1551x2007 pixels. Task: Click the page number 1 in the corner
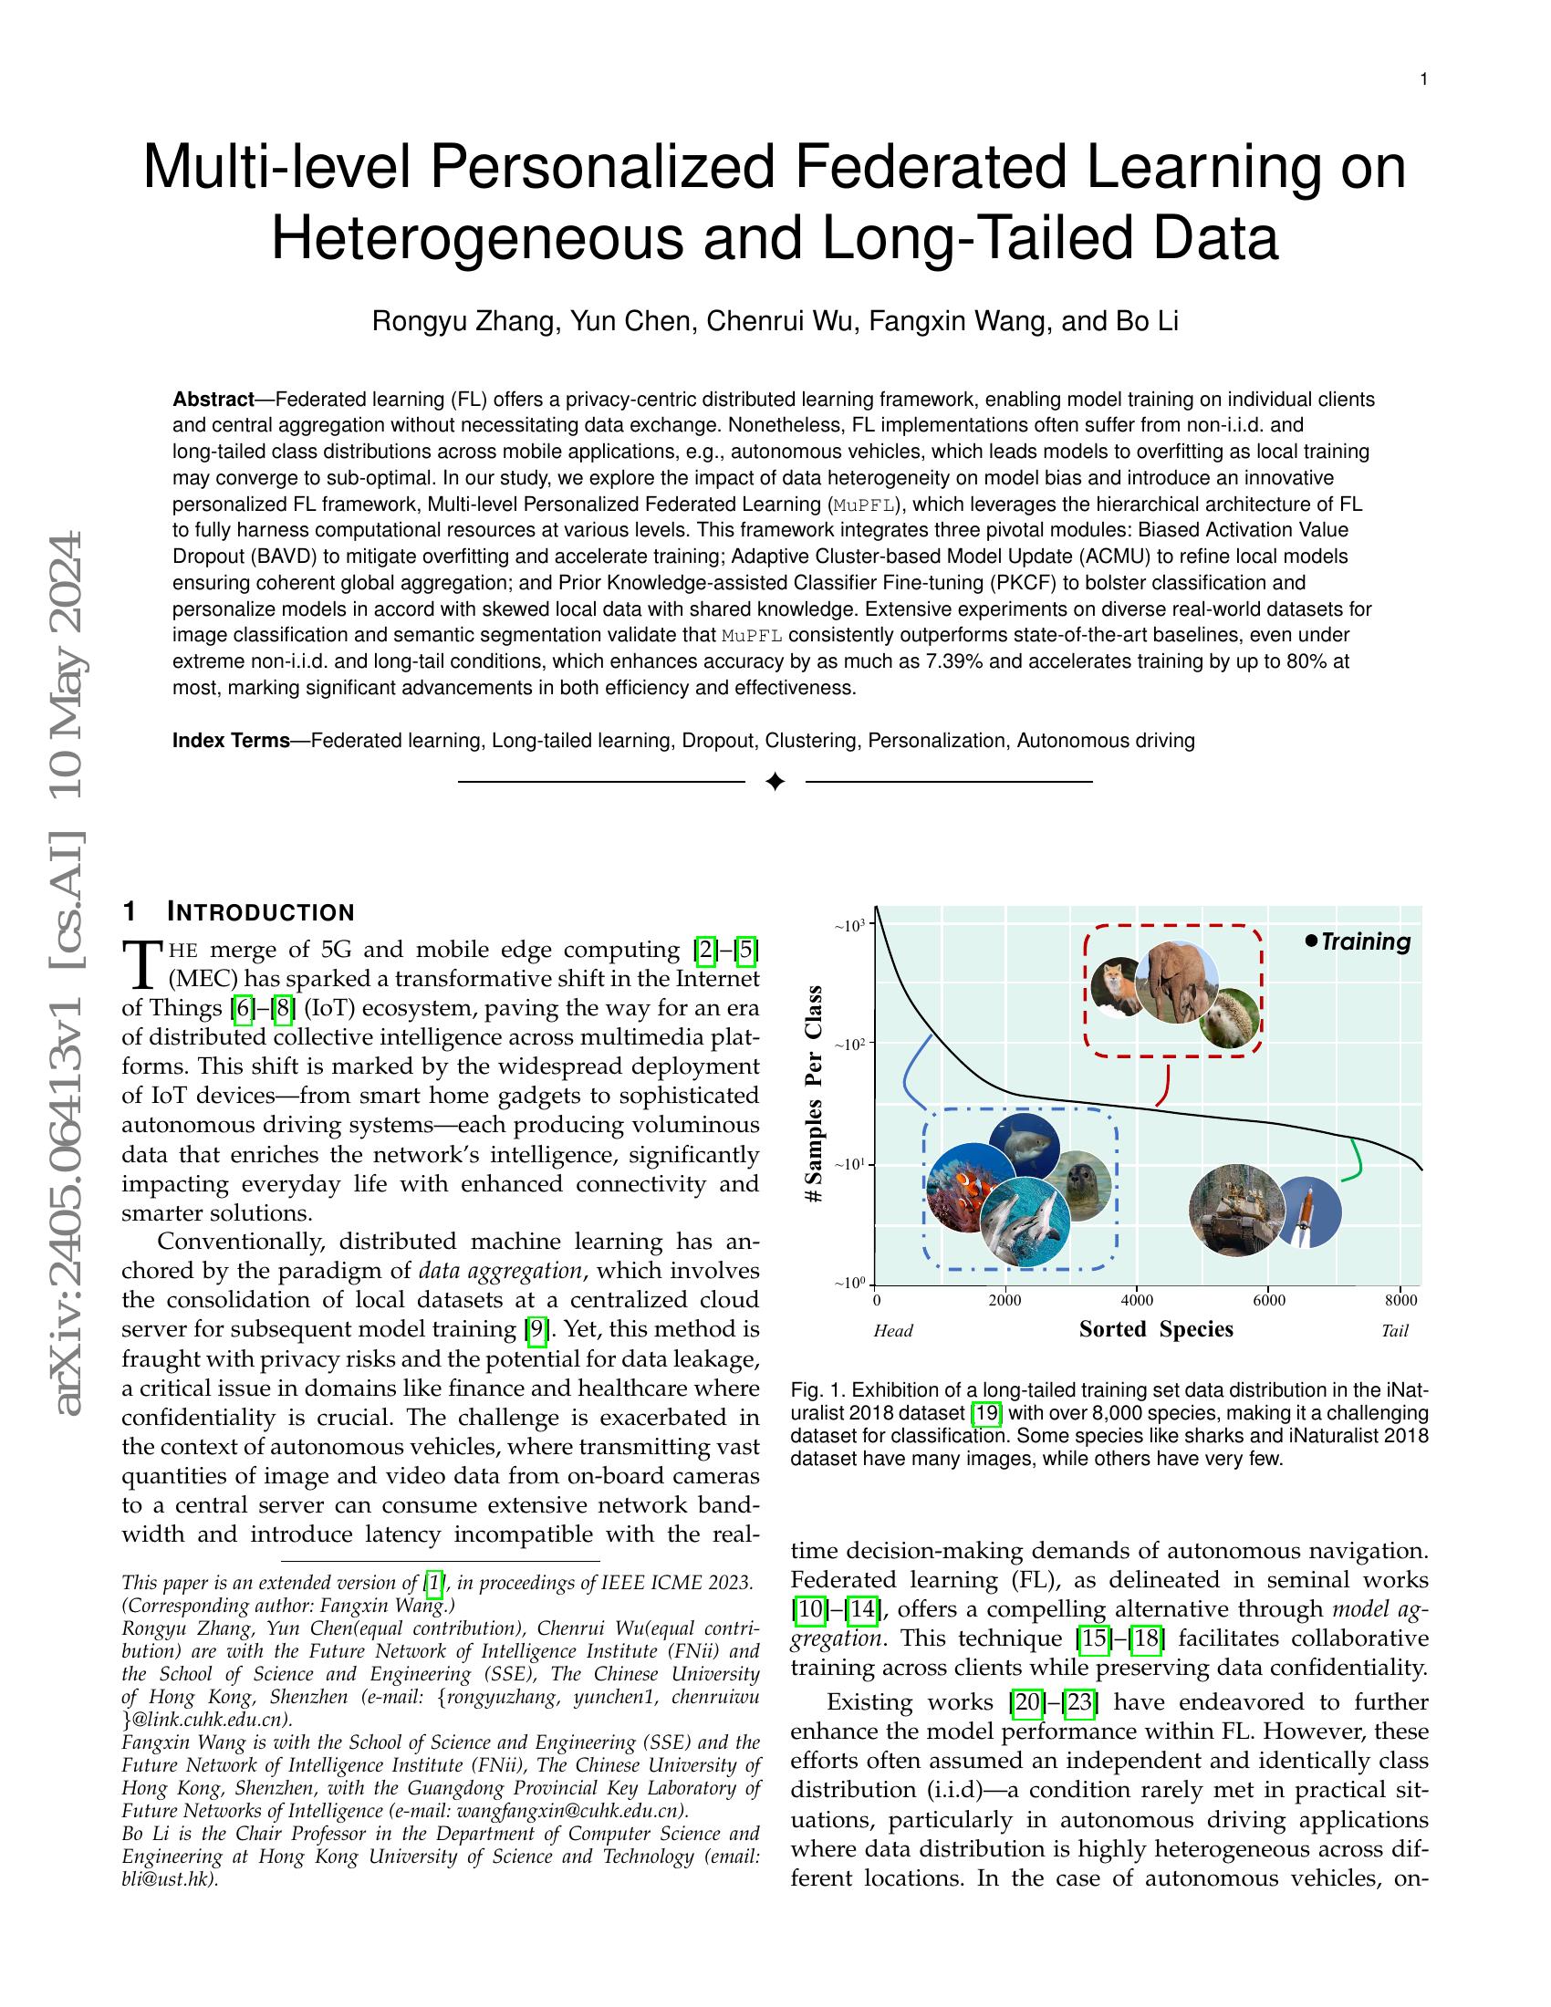(x=1423, y=80)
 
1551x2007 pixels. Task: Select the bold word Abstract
(x=213, y=400)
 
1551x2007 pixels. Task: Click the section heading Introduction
(x=260, y=912)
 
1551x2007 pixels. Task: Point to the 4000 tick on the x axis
(x=1137, y=1300)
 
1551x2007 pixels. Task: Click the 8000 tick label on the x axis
(x=1400, y=1300)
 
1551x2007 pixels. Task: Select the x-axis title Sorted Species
(x=1156, y=1329)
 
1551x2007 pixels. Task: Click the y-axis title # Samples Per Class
(x=813, y=1094)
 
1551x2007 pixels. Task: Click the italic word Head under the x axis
(x=893, y=1331)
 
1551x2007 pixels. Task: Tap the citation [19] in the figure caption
(x=987, y=1413)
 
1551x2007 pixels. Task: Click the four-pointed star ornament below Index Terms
(x=775, y=781)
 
